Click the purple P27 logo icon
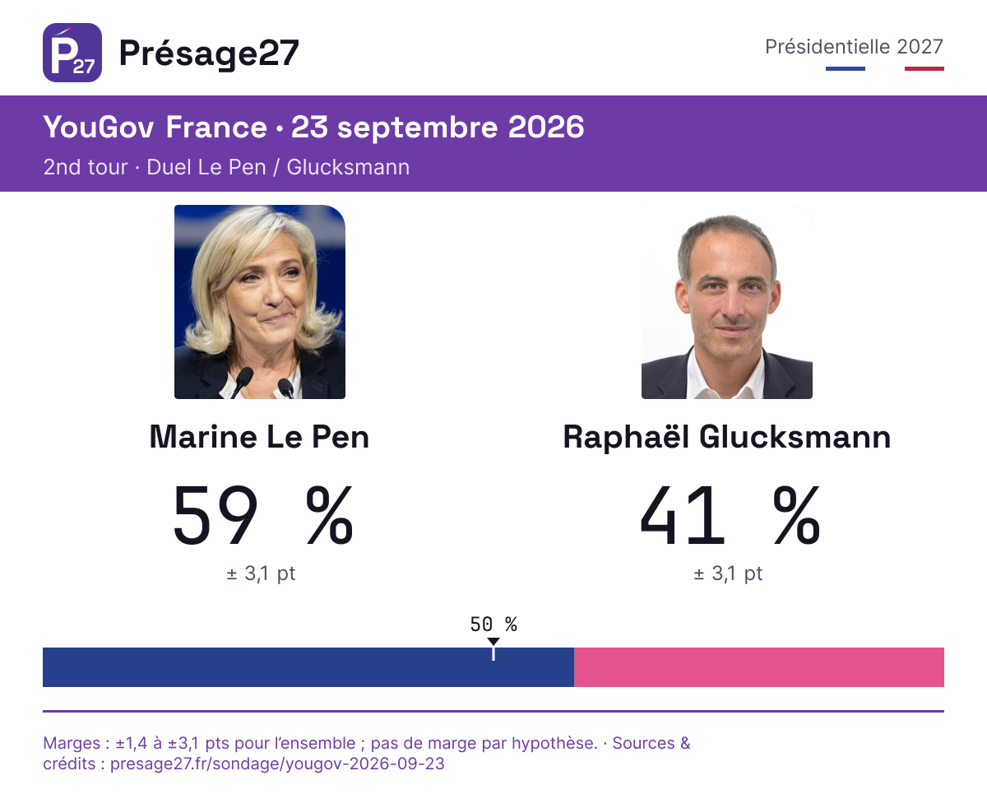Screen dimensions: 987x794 click(x=72, y=53)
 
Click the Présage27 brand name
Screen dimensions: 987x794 click(x=209, y=53)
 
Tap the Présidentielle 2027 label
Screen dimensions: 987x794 click(x=854, y=47)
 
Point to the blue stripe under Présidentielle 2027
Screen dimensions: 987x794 click(x=846, y=69)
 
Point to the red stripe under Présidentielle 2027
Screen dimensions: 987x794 click(x=924, y=69)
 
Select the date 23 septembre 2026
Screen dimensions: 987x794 click(x=438, y=128)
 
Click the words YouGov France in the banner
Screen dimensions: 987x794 click(x=155, y=128)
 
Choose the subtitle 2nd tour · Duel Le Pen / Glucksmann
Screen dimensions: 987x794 click(x=226, y=167)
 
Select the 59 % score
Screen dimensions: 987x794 click(x=263, y=515)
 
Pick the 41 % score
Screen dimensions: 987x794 click(x=730, y=515)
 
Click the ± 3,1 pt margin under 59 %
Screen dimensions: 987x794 click(x=261, y=573)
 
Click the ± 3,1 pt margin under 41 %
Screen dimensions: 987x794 click(x=728, y=573)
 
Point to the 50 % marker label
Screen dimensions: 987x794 click(x=493, y=625)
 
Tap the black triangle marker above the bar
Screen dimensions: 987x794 click(x=493, y=642)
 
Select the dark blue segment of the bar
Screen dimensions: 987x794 click(x=308, y=667)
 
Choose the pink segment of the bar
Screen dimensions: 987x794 click(x=759, y=667)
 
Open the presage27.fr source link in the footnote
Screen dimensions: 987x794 click(x=277, y=764)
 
